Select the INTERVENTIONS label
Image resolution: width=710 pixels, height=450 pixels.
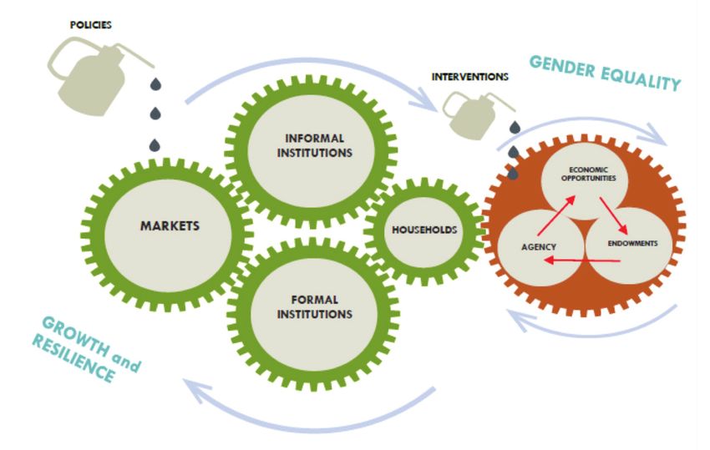pyautogui.click(x=470, y=77)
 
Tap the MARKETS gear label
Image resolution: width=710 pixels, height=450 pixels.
pyautogui.click(x=164, y=225)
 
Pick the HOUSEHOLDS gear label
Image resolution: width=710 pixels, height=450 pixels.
pyautogui.click(x=423, y=228)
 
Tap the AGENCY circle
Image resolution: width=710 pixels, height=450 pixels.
pyautogui.click(x=540, y=245)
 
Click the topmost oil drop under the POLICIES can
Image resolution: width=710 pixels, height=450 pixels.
pyautogui.click(x=155, y=83)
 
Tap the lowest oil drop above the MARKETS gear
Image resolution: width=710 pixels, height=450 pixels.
pyautogui.click(x=155, y=145)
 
